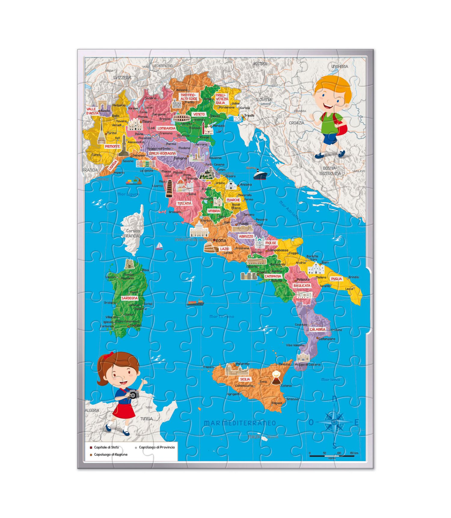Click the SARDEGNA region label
(x=130, y=298)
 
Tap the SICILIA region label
(x=245, y=379)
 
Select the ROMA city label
(x=221, y=241)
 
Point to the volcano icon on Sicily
(x=276, y=378)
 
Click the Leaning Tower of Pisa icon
(x=169, y=189)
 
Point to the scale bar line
(x=332, y=456)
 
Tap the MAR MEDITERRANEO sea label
(x=240, y=423)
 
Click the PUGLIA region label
(x=336, y=279)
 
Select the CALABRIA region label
(x=318, y=329)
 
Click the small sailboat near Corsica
(x=159, y=246)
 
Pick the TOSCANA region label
(x=184, y=204)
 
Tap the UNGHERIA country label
(x=339, y=66)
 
